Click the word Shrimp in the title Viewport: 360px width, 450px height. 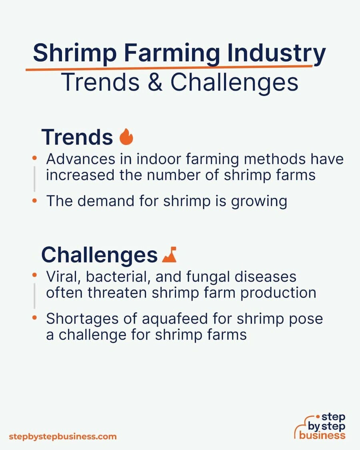[75, 53]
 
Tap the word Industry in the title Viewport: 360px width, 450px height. [276, 53]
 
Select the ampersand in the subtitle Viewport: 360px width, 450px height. [155, 82]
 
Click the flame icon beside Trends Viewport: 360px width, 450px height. [126, 137]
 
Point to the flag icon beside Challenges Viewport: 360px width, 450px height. [169, 254]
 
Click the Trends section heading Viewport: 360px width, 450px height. [77, 137]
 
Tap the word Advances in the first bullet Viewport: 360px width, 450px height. [81, 159]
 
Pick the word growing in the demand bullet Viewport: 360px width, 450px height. [259, 202]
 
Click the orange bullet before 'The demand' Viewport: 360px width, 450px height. [35, 201]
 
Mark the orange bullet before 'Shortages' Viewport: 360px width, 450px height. [35, 318]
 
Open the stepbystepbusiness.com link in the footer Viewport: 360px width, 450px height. [63, 437]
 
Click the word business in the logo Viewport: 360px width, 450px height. [322, 435]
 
